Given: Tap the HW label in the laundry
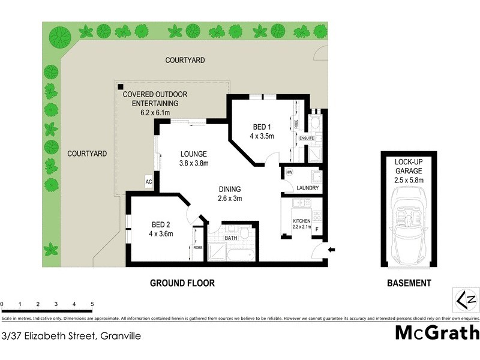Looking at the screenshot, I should [x=289, y=173].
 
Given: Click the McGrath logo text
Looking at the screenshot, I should [x=437, y=332].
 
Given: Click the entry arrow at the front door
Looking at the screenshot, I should [x=332, y=250].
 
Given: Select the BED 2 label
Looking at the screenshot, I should [x=161, y=225].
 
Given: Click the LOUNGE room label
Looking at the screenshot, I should [x=193, y=153].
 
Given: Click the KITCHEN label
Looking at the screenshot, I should [x=301, y=221].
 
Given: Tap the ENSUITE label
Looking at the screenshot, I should [x=307, y=138].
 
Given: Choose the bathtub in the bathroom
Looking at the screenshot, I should [x=231, y=254].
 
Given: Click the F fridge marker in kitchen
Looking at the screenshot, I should [x=317, y=229].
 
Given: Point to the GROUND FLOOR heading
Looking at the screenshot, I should [x=182, y=283].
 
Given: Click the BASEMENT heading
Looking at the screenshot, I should [x=408, y=283].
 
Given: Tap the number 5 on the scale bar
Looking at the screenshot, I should [x=92, y=304].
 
